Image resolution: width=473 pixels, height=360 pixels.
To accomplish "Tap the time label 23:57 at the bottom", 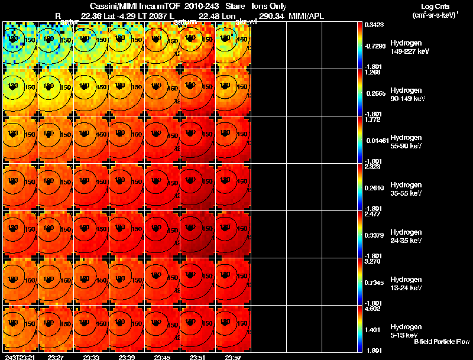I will [x=233, y=357].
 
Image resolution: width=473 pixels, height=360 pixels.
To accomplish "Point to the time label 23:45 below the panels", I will [x=162, y=357].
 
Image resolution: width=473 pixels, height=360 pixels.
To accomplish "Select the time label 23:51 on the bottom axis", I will [x=197, y=357].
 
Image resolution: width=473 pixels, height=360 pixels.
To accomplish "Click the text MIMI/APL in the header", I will [x=306, y=15].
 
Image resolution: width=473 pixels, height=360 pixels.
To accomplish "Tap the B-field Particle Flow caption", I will [x=441, y=342].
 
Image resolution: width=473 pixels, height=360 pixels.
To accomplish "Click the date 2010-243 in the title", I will [x=203, y=6].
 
